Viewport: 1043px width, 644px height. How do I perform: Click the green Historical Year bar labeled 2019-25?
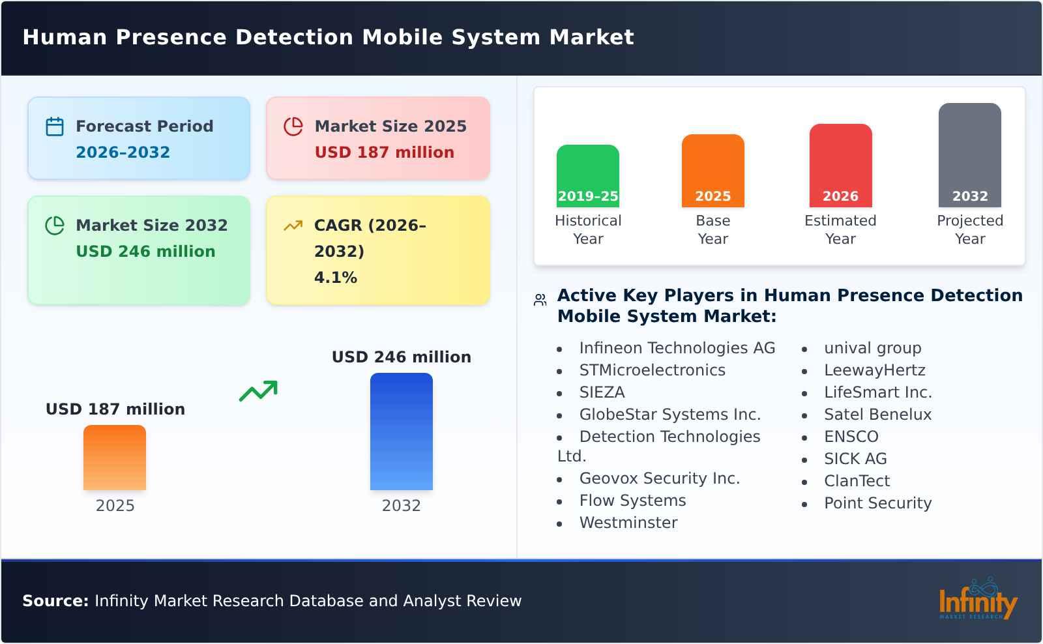tap(587, 175)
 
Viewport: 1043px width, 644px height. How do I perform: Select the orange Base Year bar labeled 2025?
tap(712, 170)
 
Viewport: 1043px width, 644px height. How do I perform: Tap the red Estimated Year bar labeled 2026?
tap(840, 165)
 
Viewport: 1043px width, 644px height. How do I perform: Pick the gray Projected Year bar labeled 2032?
tap(969, 154)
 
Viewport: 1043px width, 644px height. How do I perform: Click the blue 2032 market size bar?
tap(401, 431)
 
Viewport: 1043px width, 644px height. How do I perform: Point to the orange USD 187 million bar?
tap(115, 457)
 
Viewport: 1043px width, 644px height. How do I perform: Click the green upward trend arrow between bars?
tap(258, 391)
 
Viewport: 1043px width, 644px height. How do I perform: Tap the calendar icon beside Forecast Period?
tap(55, 126)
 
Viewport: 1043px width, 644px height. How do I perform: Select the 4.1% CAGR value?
tap(335, 278)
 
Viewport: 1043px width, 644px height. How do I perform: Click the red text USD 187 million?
tap(384, 153)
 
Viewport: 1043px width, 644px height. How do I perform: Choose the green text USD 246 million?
tap(145, 252)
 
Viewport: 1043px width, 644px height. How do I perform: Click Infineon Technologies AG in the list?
tap(677, 348)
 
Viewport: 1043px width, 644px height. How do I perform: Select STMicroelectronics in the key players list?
tap(652, 370)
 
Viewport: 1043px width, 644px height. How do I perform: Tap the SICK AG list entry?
tap(855, 459)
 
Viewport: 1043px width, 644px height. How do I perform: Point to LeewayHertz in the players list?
tap(874, 370)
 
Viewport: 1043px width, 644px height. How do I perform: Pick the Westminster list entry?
tap(628, 523)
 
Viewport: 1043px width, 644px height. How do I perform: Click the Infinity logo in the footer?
tap(977, 600)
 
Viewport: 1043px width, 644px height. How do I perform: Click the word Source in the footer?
tap(55, 601)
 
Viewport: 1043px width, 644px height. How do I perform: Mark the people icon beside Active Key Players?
tap(540, 300)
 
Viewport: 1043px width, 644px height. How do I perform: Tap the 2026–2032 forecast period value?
tap(123, 153)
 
